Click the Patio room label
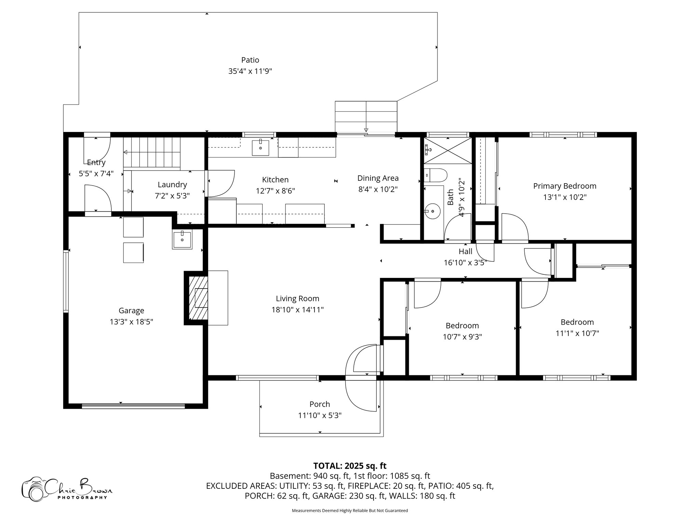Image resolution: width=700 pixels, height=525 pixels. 250,60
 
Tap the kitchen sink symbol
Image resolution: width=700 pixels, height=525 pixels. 260,147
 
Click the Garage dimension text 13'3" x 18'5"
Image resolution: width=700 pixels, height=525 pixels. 131,322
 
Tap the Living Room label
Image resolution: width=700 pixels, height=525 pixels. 297,298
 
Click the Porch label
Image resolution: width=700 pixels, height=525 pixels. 320,404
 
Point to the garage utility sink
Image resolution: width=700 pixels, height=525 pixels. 182,238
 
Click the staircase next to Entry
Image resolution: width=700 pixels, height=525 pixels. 152,152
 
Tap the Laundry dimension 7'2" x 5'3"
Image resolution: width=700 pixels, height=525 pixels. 172,196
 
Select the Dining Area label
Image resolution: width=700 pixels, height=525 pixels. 378,178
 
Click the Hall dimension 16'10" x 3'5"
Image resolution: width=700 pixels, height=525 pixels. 465,262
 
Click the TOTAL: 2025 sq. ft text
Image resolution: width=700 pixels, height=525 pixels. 350,466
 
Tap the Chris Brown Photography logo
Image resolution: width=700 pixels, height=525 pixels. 67,489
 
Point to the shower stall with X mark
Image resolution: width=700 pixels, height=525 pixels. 448,151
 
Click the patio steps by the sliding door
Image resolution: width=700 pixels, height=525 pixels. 366,117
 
